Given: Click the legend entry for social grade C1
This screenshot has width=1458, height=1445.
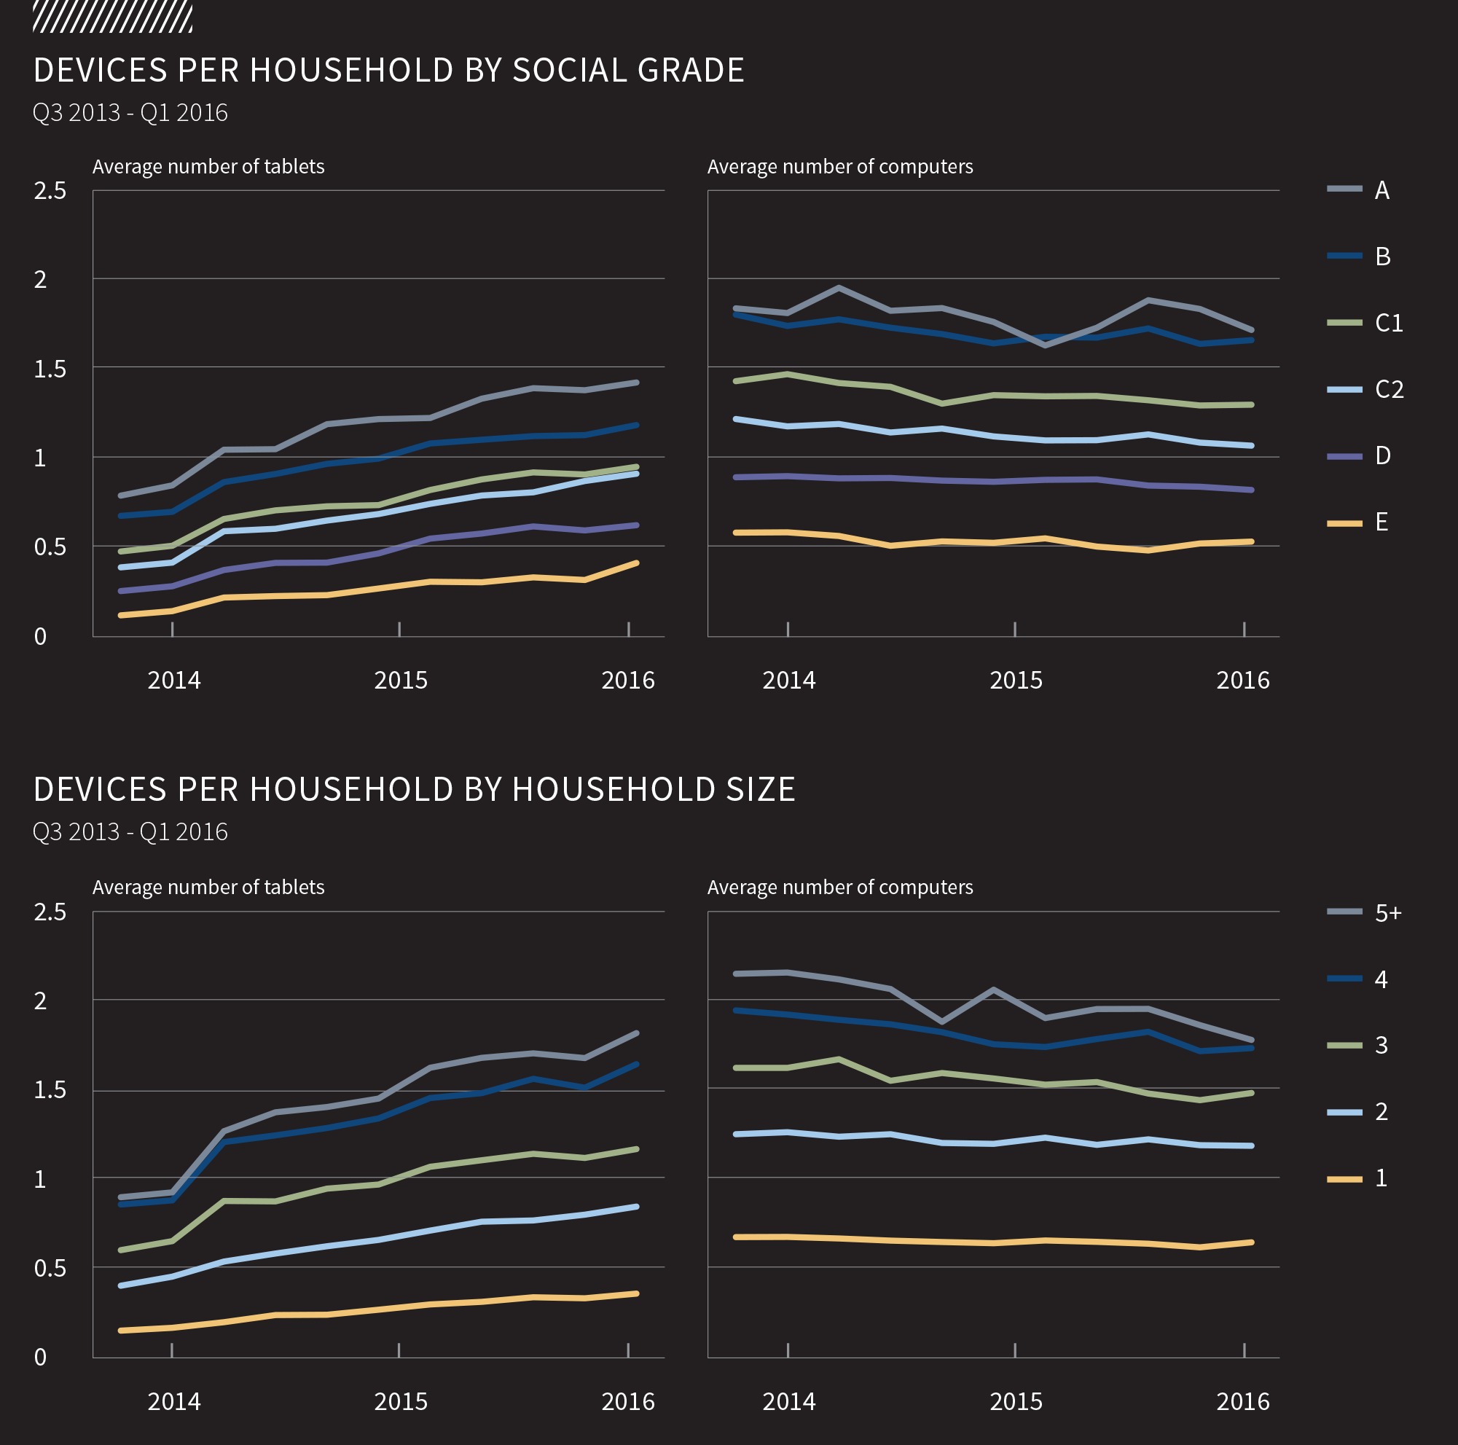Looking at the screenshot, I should (x=1365, y=323).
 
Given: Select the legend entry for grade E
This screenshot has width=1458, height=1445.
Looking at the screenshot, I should (x=1358, y=522).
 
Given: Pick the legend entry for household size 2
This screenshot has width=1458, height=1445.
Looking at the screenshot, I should (x=1358, y=1111).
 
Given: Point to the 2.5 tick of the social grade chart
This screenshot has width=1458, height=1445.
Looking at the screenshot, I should (x=50, y=191).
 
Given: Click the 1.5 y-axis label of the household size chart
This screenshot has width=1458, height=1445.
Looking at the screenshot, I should (x=50, y=1090).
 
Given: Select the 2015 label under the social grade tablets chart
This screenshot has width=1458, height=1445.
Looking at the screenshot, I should (x=401, y=681).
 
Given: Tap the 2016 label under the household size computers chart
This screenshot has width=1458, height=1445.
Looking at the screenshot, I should (x=1243, y=1402).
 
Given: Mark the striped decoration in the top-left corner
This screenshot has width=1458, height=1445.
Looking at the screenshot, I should (x=112, y=17).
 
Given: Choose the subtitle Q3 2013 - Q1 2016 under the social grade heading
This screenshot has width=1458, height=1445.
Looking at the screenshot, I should (x=130, y=112).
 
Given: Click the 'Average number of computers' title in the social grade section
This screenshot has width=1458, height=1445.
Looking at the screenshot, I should (x=840, y=167).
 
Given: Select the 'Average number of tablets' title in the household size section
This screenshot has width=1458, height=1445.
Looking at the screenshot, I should (x=208, y=888).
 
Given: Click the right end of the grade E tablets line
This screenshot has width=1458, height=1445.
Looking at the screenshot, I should (x=637, y=563).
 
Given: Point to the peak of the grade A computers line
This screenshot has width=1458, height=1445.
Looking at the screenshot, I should (x=839, y=288).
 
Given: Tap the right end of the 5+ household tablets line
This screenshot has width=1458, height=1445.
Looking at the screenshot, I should (x=637, y=1033).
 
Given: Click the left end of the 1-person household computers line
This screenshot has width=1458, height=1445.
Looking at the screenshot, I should (x=737, y=1237).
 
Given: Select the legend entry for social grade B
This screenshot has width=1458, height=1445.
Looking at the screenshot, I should (x=1358, y=257).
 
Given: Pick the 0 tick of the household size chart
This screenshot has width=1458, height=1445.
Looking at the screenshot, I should (x=41, y=1358).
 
